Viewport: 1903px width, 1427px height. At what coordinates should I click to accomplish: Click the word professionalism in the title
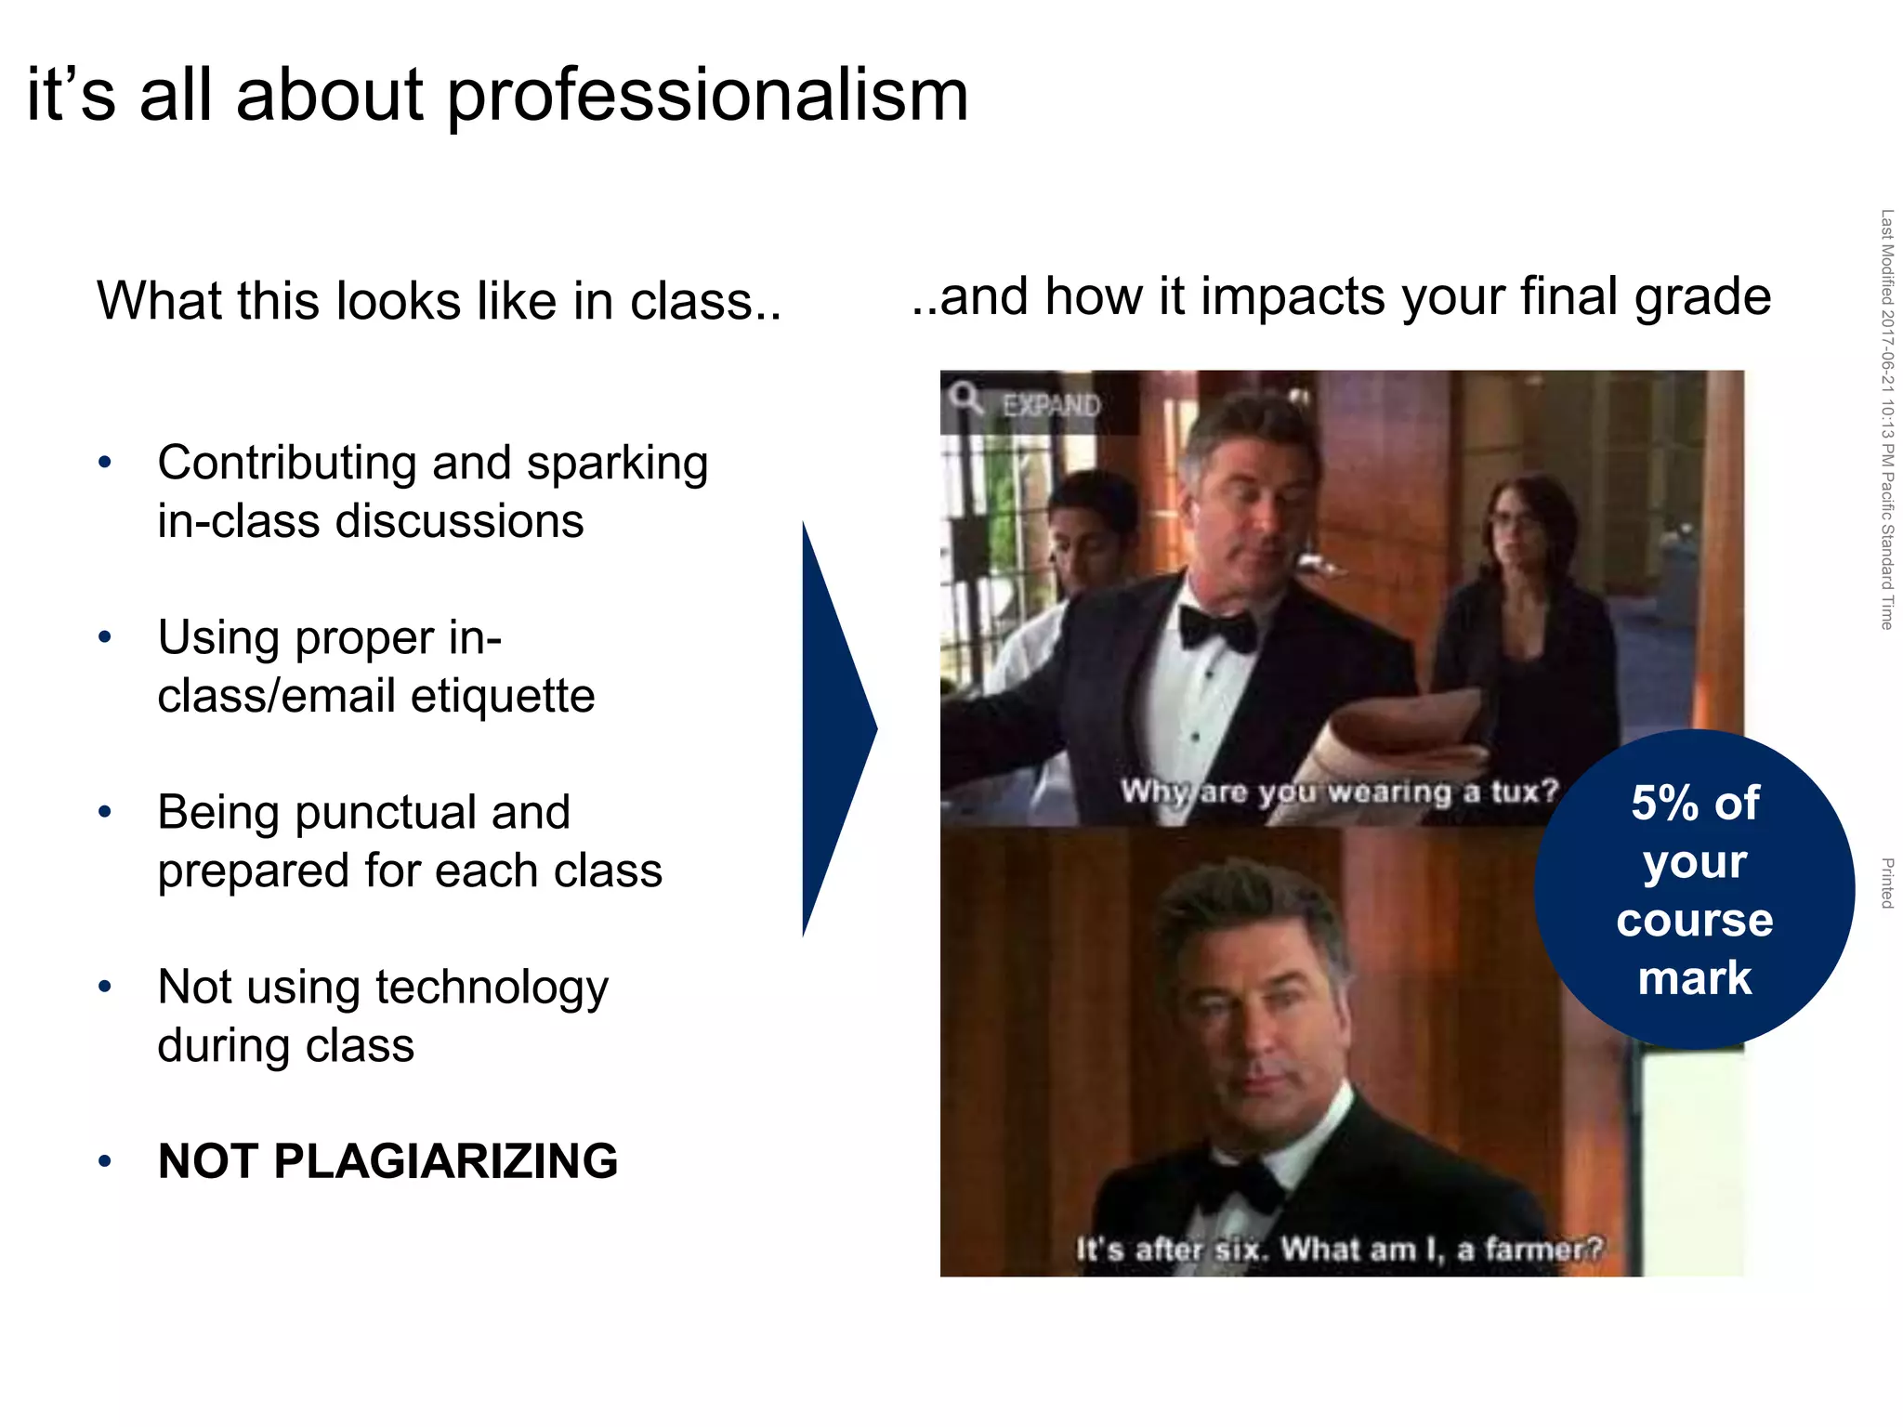(708, 97)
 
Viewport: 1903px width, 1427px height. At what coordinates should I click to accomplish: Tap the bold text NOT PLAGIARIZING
(387, 1161)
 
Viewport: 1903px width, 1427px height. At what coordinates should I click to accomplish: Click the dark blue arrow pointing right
(833, 729)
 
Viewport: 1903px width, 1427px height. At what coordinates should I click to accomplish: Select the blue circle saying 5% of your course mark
(1693, 890)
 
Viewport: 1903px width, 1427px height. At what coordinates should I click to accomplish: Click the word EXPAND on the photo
(1050, 406)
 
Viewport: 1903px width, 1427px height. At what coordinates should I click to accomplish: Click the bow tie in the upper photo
(1218, 629)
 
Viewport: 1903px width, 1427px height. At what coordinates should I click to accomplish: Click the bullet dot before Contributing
(105, 462)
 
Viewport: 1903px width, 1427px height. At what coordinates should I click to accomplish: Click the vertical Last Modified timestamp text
(1886, 418)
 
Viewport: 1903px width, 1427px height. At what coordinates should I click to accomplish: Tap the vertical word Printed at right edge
(1886, 883)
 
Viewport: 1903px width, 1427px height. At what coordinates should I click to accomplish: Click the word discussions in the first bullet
(459, 521)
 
